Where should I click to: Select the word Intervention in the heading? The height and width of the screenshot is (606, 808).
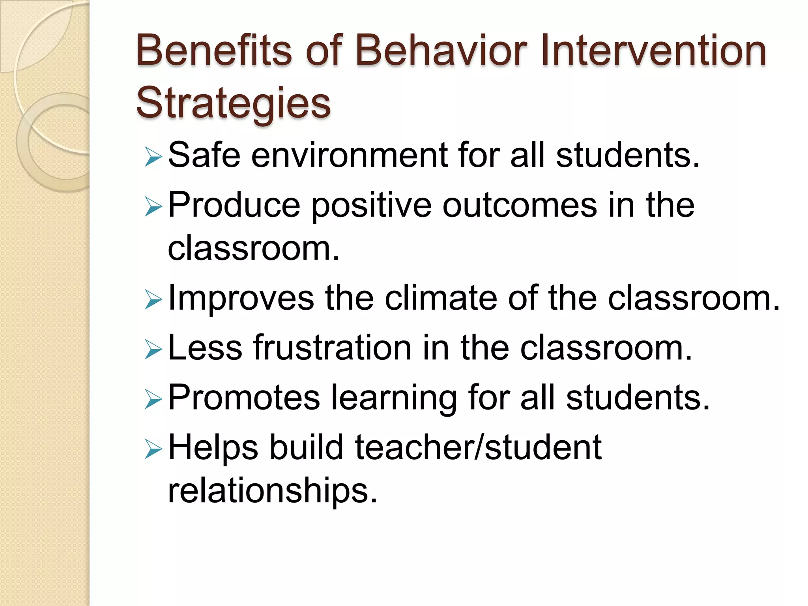(653, 50)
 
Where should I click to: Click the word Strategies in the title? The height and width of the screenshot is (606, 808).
(233, 103)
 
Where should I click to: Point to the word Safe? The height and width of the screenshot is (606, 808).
(204, 155)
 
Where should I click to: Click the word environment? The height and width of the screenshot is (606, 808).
(350, 155)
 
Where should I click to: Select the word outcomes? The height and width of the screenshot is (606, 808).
(520, 205)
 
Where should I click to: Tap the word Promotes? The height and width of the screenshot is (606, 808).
(244, 398)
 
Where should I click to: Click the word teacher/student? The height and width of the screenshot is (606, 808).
(478, 447)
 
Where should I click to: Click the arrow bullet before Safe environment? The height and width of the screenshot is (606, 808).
(153, 157)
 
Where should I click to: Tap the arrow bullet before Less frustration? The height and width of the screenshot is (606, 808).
(153, 350)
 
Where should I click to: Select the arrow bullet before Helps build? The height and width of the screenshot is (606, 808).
(153, 449)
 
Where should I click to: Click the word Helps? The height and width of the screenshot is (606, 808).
(213, 448)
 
